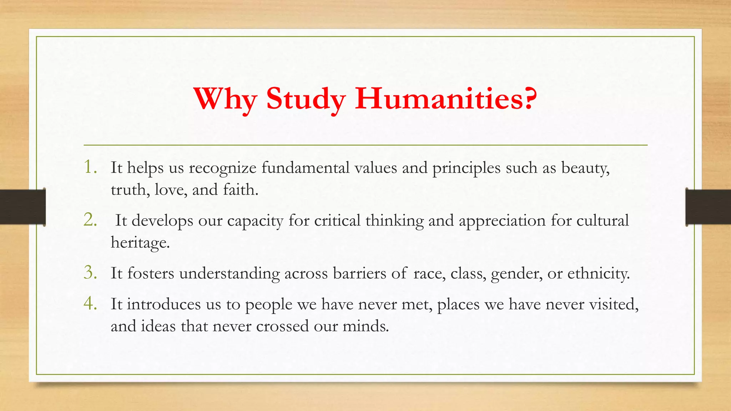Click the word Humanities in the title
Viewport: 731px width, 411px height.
[x=446, y=99]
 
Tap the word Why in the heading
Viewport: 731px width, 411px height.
[x=225, y=99]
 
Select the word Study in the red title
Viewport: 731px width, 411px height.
[x=306, y=99]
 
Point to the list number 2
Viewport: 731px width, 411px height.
[x=90, y=220]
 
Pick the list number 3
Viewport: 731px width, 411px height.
[x=90, y=273]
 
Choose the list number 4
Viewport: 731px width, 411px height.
[x=90, y=304]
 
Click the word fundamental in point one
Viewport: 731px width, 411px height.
[x=305, y=168]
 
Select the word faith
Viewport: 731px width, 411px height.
[x=240, y=189]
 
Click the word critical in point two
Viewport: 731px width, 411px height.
[x=337, y=220]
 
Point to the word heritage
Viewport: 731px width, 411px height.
[x=140, y=243]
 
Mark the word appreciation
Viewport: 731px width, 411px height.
[x=502, y=220]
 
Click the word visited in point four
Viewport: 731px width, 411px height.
[x=613, y=304]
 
